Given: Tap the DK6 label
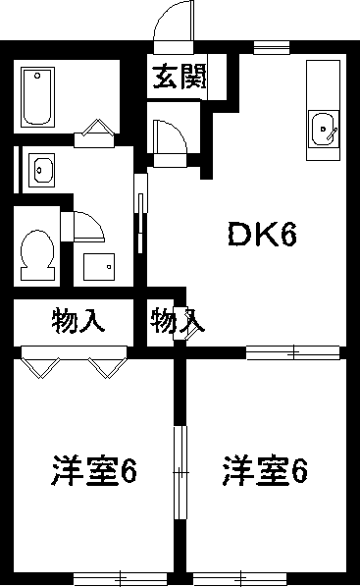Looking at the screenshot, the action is [262, 234].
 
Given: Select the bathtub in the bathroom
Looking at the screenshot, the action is [38, 95].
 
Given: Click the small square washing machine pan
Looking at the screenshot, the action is [99, 266].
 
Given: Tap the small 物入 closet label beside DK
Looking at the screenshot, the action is [177, 320].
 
